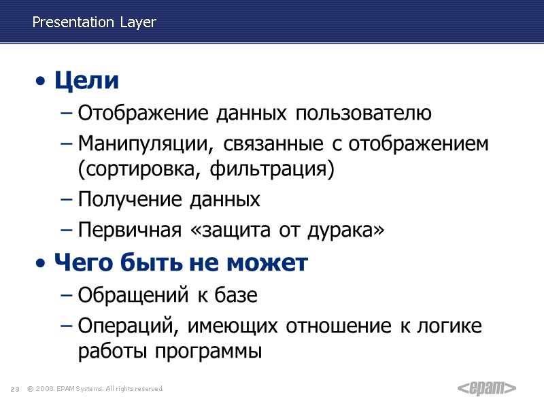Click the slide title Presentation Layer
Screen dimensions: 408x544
coord(94,22)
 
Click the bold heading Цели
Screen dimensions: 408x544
coord(86,81)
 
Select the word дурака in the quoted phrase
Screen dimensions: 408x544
coord(345,231)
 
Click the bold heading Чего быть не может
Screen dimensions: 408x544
coord(181,262)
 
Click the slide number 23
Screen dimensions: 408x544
coord(14,389)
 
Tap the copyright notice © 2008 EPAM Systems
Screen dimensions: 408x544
coord(95,389)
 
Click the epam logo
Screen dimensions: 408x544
coord(486,388)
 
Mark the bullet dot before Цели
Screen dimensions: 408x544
coord(42,82)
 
